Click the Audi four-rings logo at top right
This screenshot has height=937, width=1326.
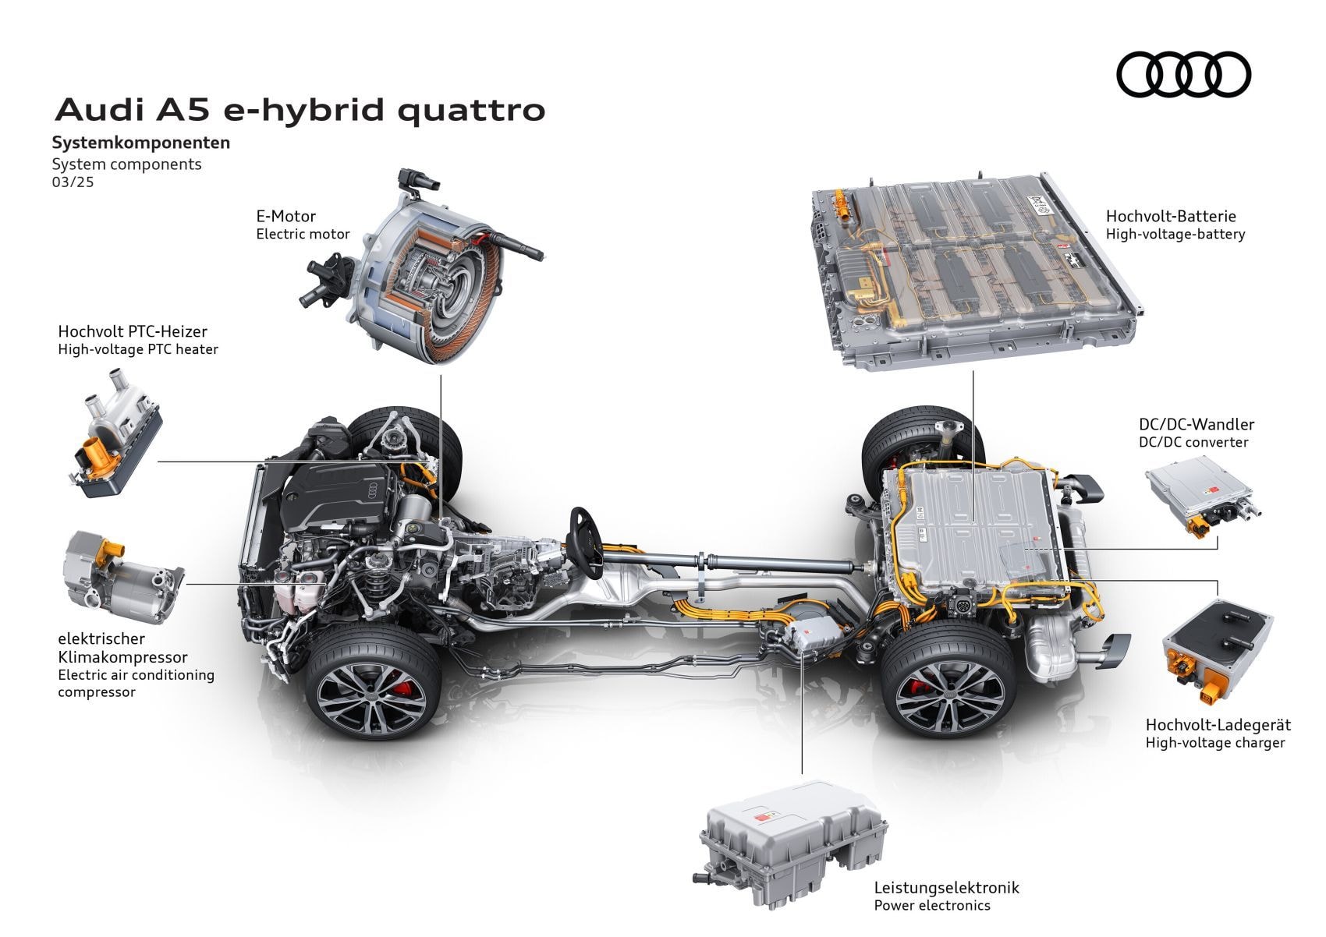click(1183, 76)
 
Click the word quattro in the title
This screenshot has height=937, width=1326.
click(471, 110)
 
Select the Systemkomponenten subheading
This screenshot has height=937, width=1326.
click(140, 143)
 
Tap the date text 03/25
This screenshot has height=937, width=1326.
click(73, 183)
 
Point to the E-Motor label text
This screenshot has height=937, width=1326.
click(285, 216)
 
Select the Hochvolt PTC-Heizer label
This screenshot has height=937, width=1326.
click(133, 332)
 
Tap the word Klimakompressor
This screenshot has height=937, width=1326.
click(122, 657)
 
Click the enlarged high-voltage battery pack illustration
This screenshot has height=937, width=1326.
click(967, 269)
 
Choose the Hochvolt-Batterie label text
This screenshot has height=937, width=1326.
click(1170, 216)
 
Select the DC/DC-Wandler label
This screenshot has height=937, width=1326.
click(1196, 425)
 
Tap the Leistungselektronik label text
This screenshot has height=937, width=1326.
click(946, 888)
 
